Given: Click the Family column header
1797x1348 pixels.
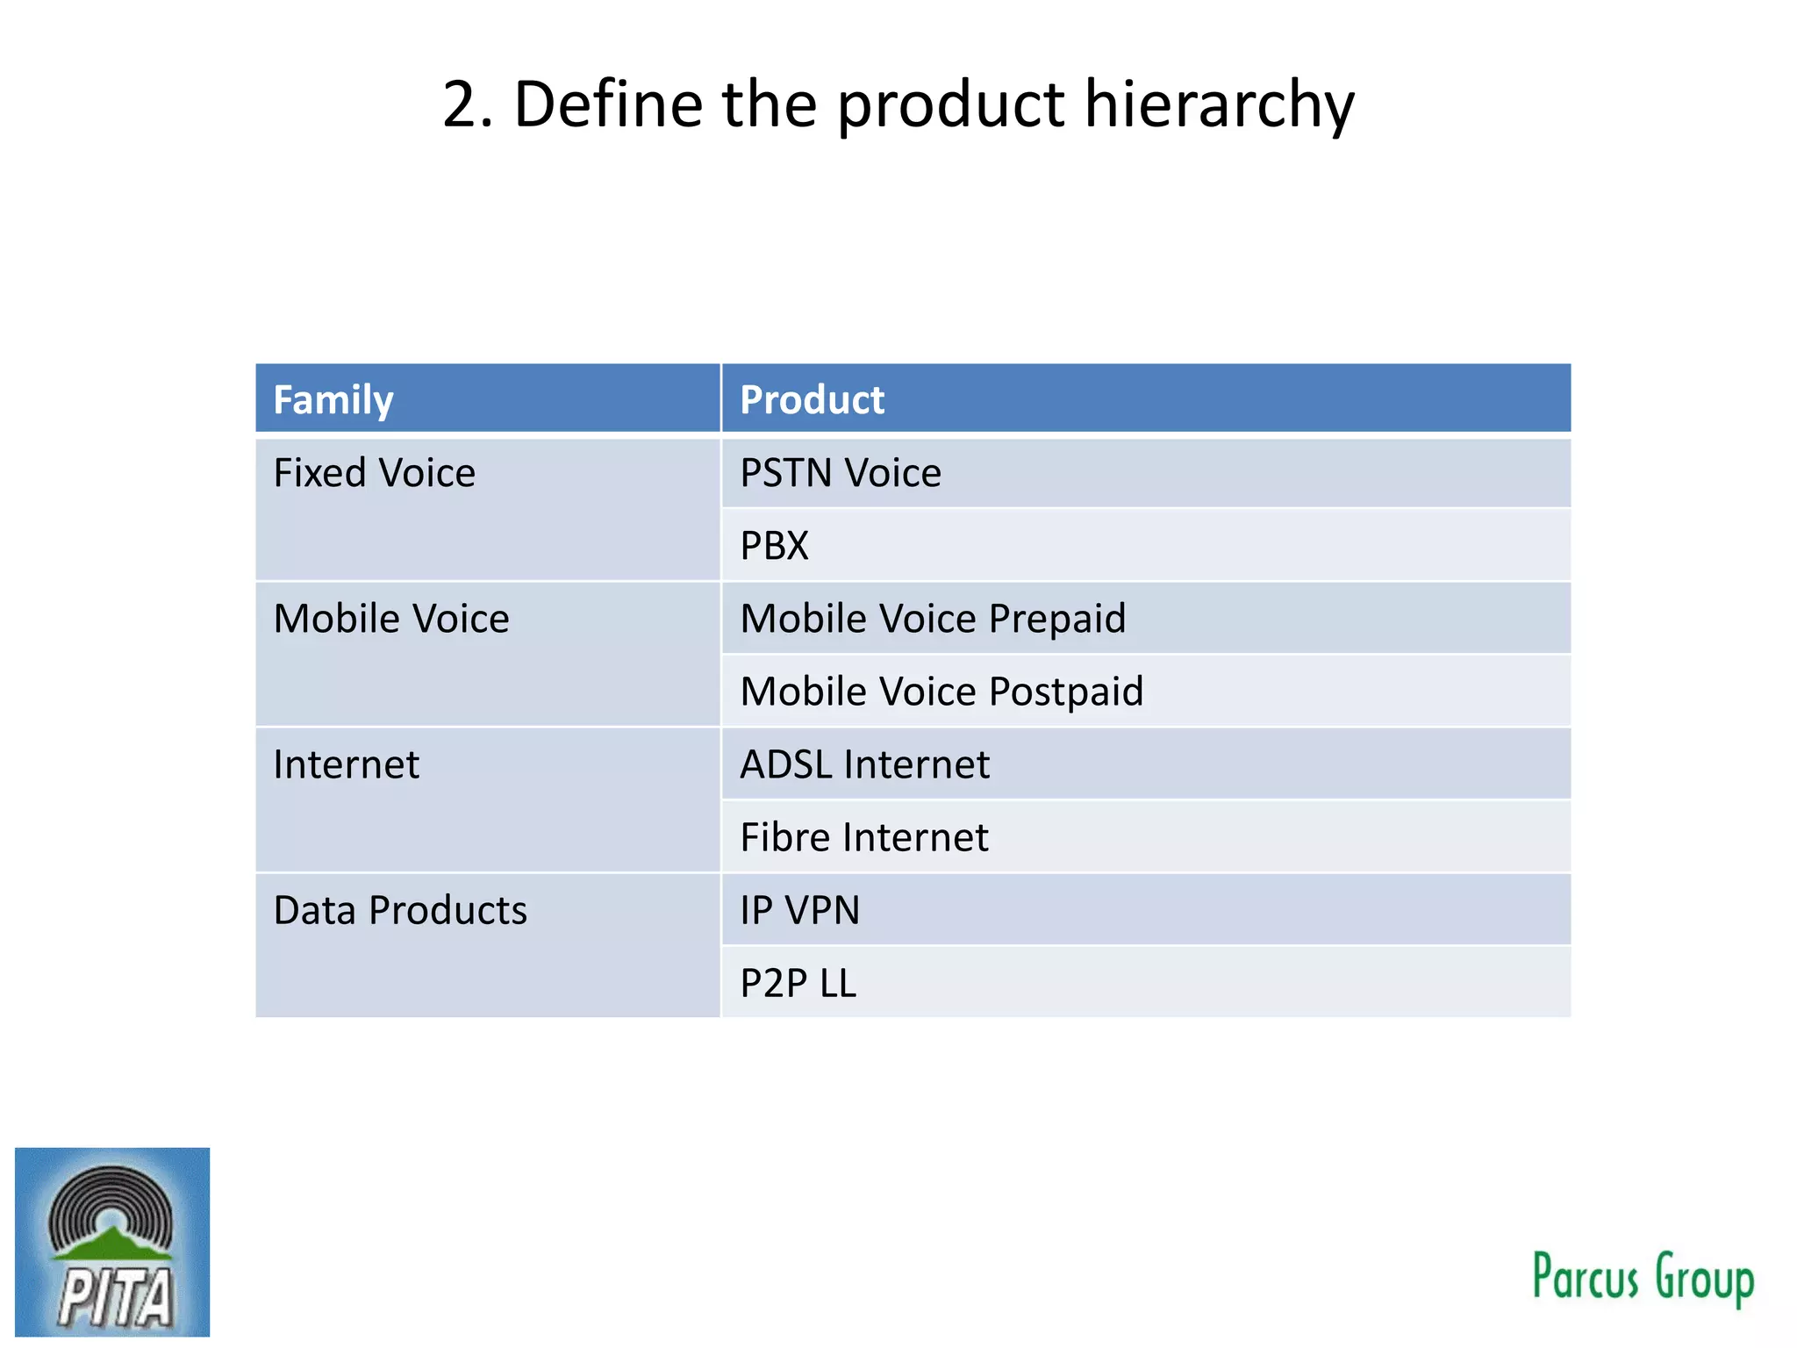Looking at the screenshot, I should [x=333, y=400].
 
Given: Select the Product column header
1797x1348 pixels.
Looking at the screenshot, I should [x=812, y=400].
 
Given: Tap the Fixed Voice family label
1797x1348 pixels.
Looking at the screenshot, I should [x=375, y=473].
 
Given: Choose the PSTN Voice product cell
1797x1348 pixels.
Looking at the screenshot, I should [x=841, y=473].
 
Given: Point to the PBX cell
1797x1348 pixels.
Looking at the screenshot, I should [x=774, y=546].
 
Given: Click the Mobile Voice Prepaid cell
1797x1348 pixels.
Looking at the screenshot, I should [x=933, y=619].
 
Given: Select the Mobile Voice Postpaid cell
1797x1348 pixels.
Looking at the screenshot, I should [x=941, y=692].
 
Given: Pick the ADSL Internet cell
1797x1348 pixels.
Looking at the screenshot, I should [x=864, y=764].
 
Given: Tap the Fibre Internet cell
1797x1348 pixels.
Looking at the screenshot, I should [x=864, y=837].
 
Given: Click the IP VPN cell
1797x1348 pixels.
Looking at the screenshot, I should [x=799, y=910].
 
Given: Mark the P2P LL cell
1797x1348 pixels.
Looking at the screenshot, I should [x=798, y=983].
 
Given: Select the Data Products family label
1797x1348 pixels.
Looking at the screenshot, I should [x=400, y=910].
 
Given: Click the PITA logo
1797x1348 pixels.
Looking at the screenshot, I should [x=112, y=1242].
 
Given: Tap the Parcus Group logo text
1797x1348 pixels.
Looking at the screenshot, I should [x=1643, y=1278].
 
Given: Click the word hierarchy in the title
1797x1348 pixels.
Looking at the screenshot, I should [x=1220, y=105].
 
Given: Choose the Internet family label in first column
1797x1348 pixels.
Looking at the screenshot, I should [x=346, y=764].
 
